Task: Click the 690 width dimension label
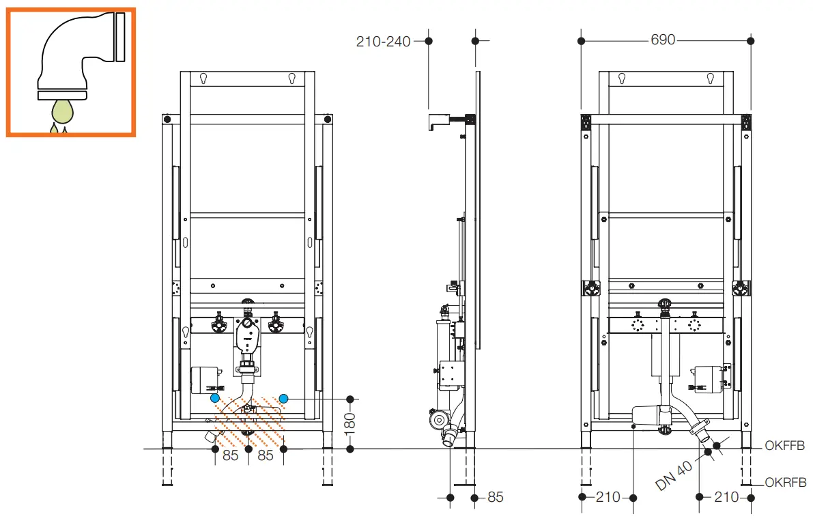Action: [x=663, y=40]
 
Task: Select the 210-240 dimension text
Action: [x=383, y=42]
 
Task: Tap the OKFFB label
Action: [x=784, y=445]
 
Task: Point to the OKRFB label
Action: [x=785, y=482]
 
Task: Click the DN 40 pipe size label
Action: [x=674, y=476]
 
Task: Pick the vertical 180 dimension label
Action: [x=350, y=423]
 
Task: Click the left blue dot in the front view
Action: [x=215, y=398]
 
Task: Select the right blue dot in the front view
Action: [x=283, y=398]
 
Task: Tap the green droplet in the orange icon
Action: [x=62, y=111]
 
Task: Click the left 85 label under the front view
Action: [x=231, y=455]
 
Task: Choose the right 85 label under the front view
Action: [x=266, y=455]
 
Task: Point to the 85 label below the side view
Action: [x=495, y=497]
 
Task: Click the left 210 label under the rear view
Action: [x=608, y=497]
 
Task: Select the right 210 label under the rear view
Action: [x=726, y=497]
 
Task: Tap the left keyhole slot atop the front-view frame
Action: [x=204, y=79]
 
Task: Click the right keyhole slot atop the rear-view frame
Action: [x=711, y=79]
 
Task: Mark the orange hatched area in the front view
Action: [x=249, y=423]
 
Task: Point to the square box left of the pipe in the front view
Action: [x=204, y=380]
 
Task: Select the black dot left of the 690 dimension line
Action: [x=581, y=40]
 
